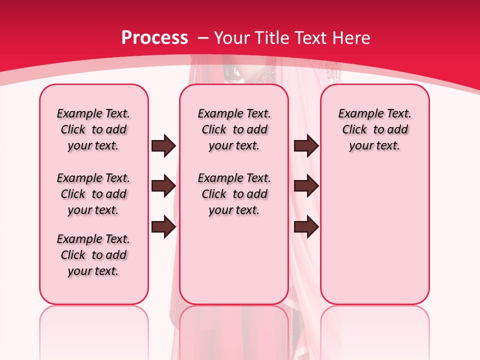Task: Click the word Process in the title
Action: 154,37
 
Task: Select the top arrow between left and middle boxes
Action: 163,145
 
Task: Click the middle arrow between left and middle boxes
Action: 163,186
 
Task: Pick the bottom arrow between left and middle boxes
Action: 163,227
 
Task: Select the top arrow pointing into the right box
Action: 306,145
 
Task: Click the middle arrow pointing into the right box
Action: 306,186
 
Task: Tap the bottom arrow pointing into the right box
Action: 306,227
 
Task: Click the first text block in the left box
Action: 93,129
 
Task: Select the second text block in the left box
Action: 93,194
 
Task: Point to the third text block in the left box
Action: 93,255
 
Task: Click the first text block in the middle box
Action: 234,129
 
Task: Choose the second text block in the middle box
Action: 234,194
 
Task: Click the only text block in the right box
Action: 374,129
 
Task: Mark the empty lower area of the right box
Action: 374,240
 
